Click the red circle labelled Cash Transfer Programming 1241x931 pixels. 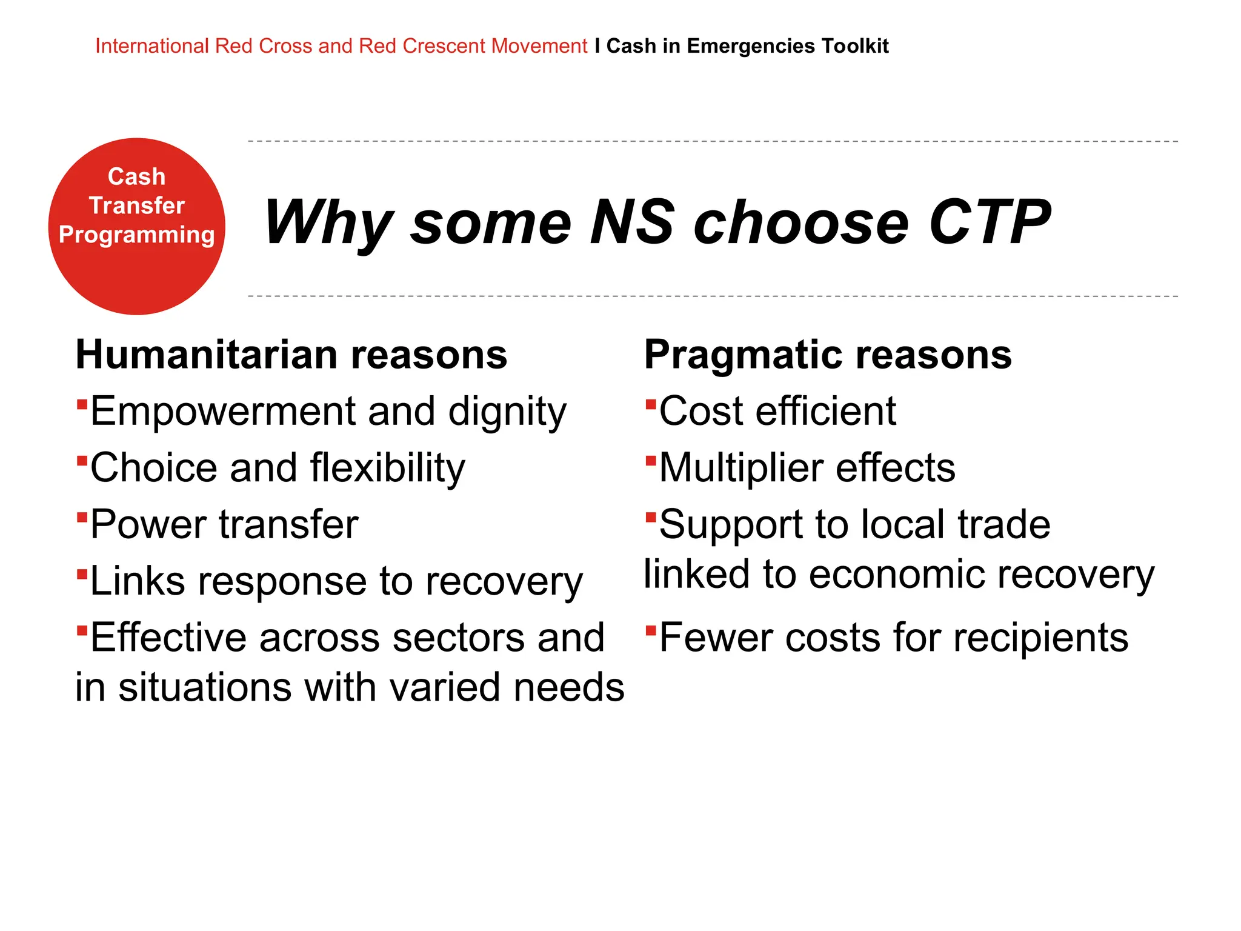click(x=136, y=226)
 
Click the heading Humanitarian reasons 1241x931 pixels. click(x=291, y=355)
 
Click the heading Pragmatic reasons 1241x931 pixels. click(x=827, y=355)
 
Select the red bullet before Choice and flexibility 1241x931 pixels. click(x=82, y=460)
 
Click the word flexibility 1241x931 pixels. click(x=388, y=468)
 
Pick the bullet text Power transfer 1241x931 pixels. click(x=224, y=524)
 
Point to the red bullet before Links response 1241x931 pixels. click(x=82, y=573)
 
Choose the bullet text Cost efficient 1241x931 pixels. click(x=777, y=412)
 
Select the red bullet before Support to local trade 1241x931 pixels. click(x=651, y=517)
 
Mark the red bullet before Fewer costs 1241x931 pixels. click(x=651, y=630)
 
